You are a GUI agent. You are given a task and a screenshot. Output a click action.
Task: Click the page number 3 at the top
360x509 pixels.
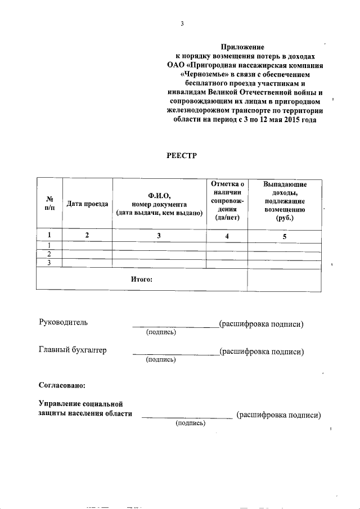coord(182,23)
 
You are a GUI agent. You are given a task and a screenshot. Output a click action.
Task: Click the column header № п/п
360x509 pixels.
coord(49,204)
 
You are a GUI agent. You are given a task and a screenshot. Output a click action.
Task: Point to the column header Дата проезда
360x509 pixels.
coord(87,204)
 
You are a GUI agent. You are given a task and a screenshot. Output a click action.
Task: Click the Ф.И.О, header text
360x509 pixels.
coord(159,195)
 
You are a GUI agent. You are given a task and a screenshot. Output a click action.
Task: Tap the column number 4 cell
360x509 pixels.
coord(227,236)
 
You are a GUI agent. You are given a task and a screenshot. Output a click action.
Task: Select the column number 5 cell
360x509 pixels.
coord(284,236)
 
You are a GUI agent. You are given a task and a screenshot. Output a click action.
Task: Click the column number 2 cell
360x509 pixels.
coord(87,236)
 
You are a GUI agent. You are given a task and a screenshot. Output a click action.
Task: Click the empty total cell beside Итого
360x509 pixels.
coord(284,278)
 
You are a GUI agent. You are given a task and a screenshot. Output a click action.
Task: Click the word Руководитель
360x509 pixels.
coord(63,323)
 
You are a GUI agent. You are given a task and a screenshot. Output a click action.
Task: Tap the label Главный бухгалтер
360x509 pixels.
coord(73,350)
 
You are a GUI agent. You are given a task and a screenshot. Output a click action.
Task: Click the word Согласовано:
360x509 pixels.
coord(62,385)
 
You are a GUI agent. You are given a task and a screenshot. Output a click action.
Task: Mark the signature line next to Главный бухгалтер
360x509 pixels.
coord(175,353)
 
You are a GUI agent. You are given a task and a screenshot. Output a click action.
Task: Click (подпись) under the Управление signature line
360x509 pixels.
coord(191,423)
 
